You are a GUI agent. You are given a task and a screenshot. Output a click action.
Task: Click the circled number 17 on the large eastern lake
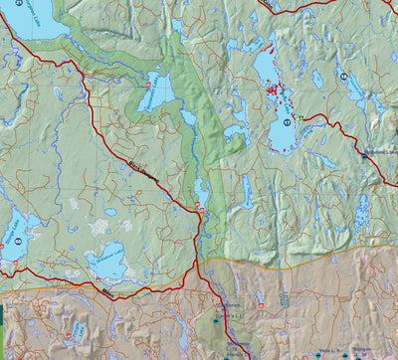click(288, 122)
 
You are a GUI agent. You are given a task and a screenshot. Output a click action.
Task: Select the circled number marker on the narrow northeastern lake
click(343, 76)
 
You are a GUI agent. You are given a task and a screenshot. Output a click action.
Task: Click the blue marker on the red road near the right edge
click(363, 156)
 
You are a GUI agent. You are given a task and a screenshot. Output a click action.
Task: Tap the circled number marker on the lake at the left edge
click(17, 242)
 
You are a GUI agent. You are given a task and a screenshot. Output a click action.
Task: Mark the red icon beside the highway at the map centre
click(198, 207)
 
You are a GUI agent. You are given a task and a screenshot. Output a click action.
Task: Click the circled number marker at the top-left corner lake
click(18, 4)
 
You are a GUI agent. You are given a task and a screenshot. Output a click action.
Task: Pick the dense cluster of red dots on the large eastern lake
click(274, 91)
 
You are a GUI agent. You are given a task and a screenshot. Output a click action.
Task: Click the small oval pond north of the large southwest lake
click(109, 212)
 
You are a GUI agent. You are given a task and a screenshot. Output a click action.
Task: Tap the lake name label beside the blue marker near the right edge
click(380, 151)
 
